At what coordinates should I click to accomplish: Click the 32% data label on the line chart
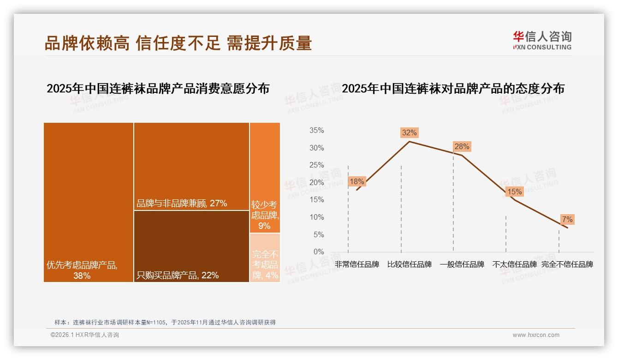pos(409,133)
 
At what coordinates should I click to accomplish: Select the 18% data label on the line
pos(357,181)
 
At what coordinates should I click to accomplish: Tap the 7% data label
pos(567,219)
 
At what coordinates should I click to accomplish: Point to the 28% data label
pos(462,147)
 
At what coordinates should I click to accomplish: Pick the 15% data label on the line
pos(514,192)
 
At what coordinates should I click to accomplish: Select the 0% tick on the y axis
pos(318,252)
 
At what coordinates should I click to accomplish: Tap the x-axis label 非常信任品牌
pos(357,264)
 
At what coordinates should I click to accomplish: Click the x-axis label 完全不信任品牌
pos(567,264)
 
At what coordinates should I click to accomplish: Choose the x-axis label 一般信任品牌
pos(462,264)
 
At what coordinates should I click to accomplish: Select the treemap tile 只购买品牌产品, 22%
pos(191,246)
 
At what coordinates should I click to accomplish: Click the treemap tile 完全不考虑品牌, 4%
pos(265,258)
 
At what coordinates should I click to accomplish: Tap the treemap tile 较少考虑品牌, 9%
pos(265,178)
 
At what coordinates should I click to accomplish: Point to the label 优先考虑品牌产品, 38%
pos(82,270)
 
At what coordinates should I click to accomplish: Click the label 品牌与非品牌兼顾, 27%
pos(182,204)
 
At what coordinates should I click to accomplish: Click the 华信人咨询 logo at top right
pos(542,41)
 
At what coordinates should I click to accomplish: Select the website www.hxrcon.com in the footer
pos(536,335)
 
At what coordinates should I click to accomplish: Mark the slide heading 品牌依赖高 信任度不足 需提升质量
pos(178,43)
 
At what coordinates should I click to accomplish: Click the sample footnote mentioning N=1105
pos(165,322)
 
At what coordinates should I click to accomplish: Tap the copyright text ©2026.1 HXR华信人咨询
pos(85,335)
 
